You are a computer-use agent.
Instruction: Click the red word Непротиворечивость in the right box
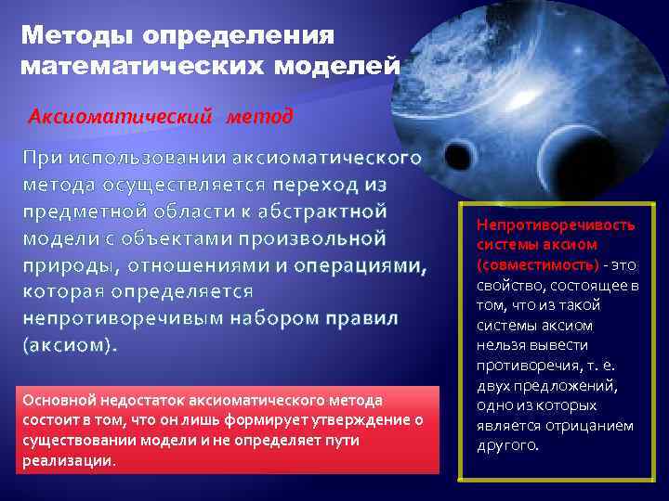pos(555,225)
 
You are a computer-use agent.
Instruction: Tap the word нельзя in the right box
pos(500,345)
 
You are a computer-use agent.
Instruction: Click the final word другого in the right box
pos(505,445)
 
